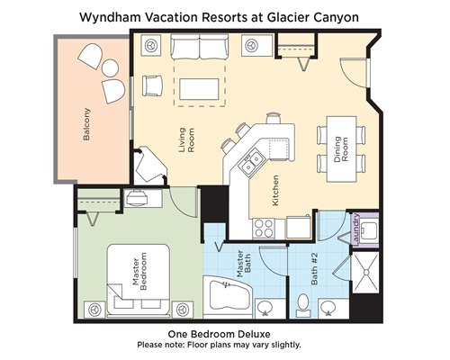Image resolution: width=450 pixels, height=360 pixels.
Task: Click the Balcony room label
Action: (86, 124)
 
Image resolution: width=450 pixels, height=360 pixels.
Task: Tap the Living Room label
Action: (186, 139)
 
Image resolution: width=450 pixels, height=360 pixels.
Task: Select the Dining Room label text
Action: (341, 149)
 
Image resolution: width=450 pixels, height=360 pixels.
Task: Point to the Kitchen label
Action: (275, 191)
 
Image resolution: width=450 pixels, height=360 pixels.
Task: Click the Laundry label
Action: (356, 229)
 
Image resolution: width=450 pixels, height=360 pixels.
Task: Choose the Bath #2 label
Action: (314, 268)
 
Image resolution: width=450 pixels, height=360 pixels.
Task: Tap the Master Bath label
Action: (243, 264)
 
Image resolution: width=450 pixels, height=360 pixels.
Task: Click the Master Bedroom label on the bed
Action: (139, 271)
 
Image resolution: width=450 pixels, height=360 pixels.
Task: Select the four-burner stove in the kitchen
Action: (264, 229)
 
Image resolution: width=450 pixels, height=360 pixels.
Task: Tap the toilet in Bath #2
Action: (303, 305)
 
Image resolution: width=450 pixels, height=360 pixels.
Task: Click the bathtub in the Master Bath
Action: (228, 295)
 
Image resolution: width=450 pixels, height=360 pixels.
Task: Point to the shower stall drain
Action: (365, 272)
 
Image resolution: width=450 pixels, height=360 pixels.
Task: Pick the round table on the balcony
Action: (110, 68)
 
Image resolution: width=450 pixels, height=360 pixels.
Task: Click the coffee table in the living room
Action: (199, 89)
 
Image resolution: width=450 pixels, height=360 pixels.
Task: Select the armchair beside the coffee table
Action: (152, 85)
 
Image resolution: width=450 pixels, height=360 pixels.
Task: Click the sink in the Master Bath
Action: (265, 308)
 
